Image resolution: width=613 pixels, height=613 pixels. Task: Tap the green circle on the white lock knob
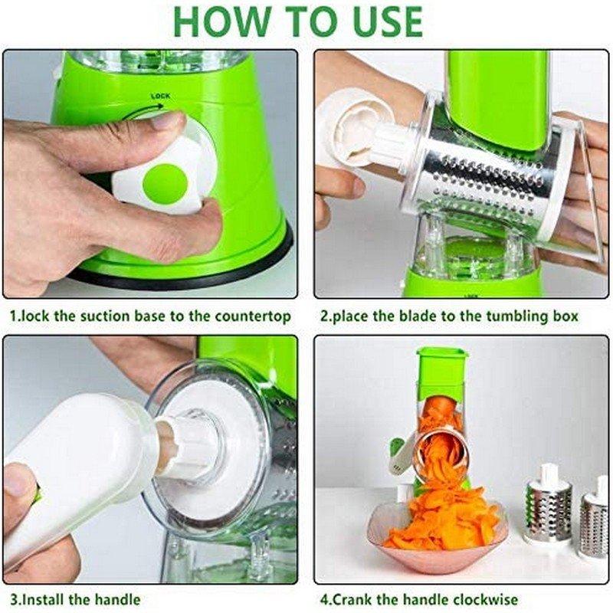[x=165, y=182]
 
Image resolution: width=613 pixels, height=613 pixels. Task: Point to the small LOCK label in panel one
[x=160, y=97]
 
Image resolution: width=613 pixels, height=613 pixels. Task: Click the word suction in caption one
[x=97, y=316]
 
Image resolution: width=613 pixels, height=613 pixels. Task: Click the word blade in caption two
[x=402, y=316]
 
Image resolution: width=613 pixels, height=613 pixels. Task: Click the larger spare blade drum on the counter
[x=548, y=510]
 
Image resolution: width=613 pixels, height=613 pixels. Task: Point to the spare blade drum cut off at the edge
[x=594, y=521]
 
